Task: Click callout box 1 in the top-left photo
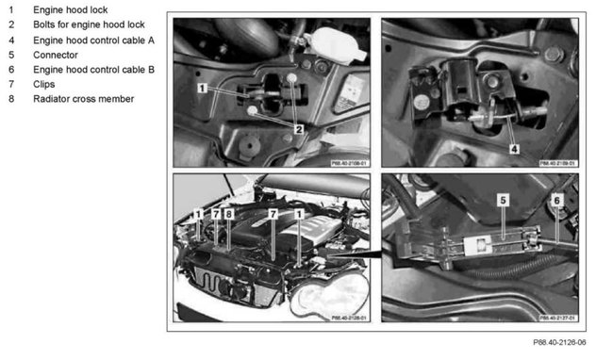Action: [203, 87]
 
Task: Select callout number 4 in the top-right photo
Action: [513, 148]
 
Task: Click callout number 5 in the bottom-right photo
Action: [503, 201]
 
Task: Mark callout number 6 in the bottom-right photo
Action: [556, 201]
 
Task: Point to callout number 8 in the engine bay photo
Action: [228, 216]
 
